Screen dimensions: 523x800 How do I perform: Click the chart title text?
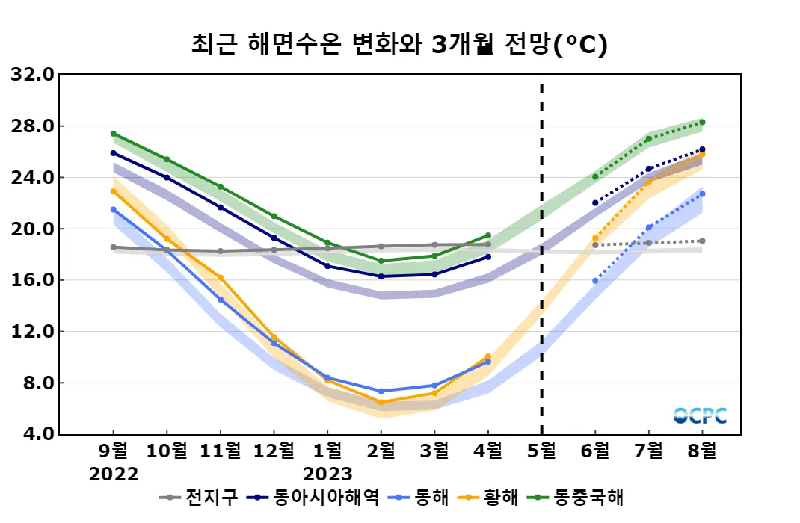point(399,44)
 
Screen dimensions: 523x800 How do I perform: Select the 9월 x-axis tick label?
point(114,451)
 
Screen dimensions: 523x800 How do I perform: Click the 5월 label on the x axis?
point(541,451)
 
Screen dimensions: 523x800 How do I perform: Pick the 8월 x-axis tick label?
point(702,451)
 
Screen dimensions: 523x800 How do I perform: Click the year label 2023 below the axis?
point(327,474)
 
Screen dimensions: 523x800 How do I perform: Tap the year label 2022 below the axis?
point(114,474)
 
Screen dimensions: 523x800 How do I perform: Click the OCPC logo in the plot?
point(700,415)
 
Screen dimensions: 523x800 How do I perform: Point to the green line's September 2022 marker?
point(114,134)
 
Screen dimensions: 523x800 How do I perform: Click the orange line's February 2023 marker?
point(381,402)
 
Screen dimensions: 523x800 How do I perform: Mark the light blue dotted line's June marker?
point(595,281)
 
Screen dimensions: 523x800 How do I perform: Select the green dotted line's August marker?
point(702,122)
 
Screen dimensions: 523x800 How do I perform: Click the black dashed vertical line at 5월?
point(541,224)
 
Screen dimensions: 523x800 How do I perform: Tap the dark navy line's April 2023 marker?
point(488,256)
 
